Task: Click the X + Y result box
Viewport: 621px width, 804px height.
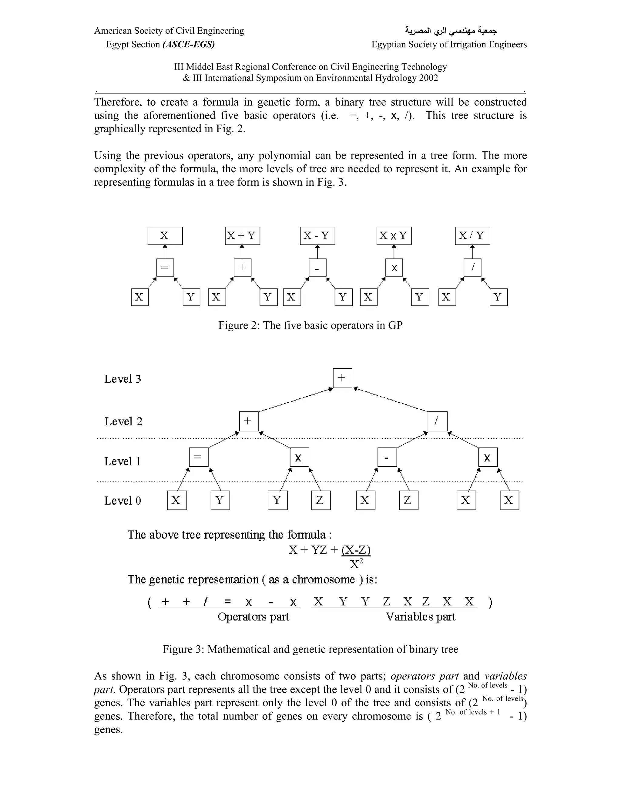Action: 243,236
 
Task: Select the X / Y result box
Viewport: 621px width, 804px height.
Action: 472,236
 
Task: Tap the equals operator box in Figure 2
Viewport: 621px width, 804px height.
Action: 165,267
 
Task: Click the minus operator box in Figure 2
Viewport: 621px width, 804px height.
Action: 317,268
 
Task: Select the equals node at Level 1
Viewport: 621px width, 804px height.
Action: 199,457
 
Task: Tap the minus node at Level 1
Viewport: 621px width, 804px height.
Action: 387,457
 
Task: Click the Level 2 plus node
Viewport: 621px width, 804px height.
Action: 249,421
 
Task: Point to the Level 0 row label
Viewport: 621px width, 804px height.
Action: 123,501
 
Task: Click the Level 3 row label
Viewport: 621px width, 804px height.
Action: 123,379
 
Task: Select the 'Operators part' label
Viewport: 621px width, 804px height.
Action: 253,616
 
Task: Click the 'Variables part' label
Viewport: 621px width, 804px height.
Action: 420,616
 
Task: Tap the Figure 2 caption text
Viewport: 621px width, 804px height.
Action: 310,326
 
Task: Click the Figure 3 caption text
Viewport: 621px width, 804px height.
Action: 310,649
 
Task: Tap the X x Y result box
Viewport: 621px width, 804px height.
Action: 394,236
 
